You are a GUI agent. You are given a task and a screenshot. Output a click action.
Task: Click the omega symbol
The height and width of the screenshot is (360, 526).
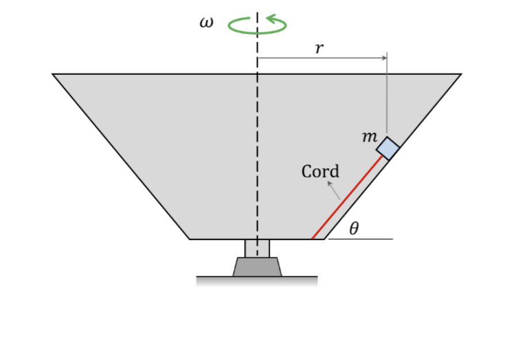coord(205,23)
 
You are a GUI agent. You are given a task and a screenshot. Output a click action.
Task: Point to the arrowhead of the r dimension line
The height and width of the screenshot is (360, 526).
coord(384,58)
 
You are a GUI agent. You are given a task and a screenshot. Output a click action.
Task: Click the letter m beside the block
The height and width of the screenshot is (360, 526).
coord(369,137)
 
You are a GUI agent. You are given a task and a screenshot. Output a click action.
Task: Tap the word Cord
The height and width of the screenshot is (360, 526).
coord(321,171)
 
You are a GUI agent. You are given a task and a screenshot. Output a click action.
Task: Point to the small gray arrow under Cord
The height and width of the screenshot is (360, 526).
coord(334,191)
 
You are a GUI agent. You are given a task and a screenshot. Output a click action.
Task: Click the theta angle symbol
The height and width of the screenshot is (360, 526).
coord(354,229)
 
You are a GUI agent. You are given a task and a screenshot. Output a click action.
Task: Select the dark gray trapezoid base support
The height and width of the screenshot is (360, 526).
coord(257,267)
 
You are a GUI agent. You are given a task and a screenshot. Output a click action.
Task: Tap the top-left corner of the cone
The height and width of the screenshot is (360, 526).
coord(53,74)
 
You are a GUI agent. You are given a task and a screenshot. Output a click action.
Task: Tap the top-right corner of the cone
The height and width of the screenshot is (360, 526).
coord(461,74)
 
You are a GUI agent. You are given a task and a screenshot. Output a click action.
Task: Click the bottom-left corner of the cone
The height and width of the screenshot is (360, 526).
coord(190,238)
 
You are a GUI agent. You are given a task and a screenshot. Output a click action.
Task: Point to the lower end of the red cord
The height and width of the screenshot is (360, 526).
coord(312,237)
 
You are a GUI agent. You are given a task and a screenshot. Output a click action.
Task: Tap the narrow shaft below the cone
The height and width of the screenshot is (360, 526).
coord(257,248)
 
